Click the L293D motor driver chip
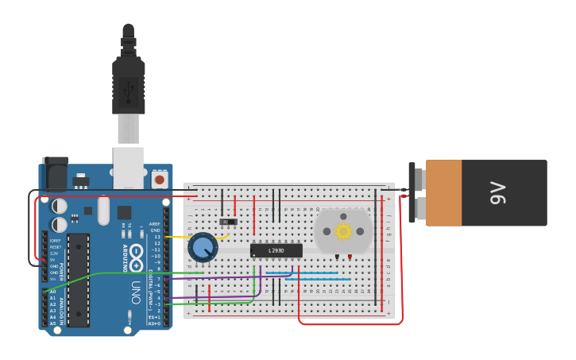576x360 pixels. [x=276, y=250]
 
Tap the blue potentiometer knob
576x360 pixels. [x=203, y=247]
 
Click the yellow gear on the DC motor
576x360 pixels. [x=343, y=231]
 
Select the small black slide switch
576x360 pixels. [x=229, y=220]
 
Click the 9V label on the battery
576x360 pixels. [x=497, y=193]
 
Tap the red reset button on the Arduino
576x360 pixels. [x=159, y=180]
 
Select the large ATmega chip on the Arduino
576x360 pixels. [x=78, y=280]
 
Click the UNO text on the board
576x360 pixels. [x=135, y=287]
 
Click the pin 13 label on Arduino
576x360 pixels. [x=157, y=237]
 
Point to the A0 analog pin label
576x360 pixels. [x=52, y=292]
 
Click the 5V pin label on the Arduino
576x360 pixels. [x=55, y=260]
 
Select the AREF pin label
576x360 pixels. [x=154, y=224]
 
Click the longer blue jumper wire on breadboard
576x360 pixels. [x=318, y=279]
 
